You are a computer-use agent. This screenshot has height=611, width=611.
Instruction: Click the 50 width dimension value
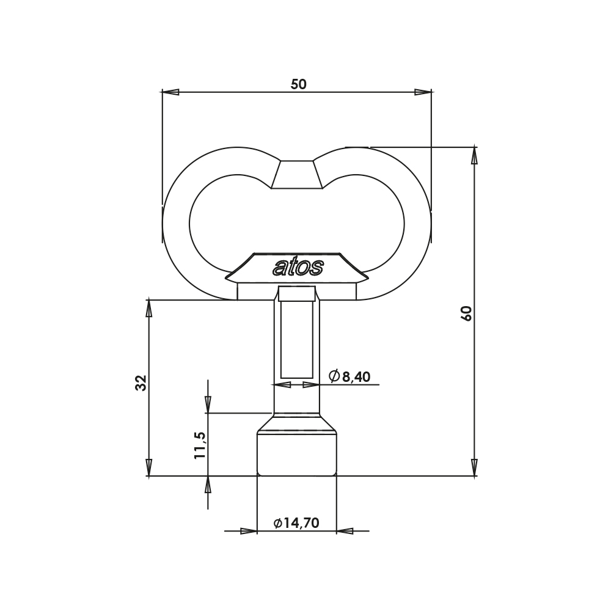coord(298,84)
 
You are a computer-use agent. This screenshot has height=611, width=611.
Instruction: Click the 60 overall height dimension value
coord(466,313)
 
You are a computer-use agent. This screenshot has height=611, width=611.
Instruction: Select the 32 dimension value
coord(141,383)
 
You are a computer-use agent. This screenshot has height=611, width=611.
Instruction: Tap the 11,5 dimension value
coord(200,445)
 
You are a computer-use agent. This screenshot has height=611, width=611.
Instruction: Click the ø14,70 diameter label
coord(296,523)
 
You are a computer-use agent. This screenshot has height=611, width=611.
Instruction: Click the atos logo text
coord(298,267)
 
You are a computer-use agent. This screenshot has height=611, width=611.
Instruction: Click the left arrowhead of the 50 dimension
coord(170,92)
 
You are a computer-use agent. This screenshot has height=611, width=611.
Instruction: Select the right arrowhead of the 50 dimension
coord(423,92)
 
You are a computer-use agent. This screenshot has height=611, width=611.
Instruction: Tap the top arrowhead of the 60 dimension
coord(474,156)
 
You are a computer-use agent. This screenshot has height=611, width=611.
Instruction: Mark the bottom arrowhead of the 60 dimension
coord(474,467)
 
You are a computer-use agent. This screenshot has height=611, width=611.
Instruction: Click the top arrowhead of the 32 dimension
coord(148,309)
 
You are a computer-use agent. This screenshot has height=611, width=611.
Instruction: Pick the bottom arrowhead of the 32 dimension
coord(148,467)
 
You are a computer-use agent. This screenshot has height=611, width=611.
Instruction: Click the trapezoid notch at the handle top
coord(297,175)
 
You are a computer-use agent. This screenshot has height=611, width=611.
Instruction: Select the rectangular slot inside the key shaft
coord(297,339)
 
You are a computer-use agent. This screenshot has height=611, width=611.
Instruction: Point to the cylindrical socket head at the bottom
coord(297,455)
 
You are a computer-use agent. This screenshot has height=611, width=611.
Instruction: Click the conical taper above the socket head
coord(297,423)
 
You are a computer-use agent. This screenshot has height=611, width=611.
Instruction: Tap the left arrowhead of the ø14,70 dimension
coord(249,531)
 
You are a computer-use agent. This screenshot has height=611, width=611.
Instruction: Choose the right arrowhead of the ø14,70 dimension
coord(345,531)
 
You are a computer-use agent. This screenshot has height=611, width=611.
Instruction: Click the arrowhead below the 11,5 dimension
coord(208,485)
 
